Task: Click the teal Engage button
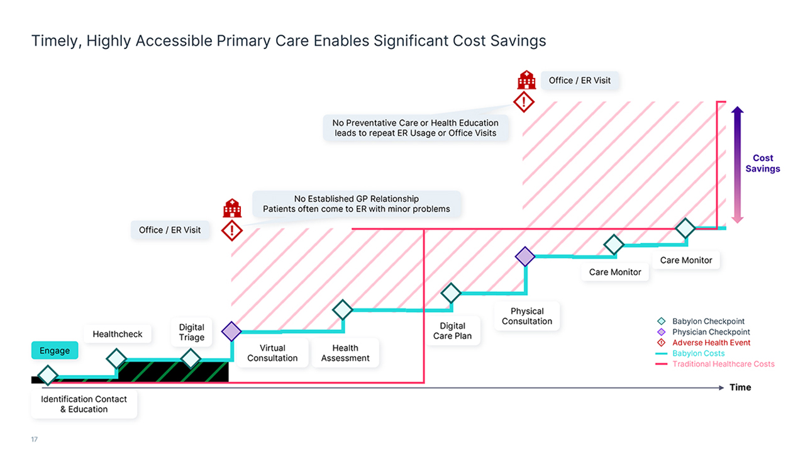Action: (x=55, y=350)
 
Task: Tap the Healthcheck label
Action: (x=118, y=334)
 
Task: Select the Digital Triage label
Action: (x=192, y=332)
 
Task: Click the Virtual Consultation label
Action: (x=272, y=353)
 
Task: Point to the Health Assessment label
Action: (x=345, y=353)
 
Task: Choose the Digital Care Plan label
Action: (x=452, y=331)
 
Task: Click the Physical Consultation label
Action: (x=527, y=316)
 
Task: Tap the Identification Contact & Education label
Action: (x=84, y=404)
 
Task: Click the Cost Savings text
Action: (x=763, y=163)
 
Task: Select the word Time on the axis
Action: (x=740, y=387)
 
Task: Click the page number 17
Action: (x=34, y=439)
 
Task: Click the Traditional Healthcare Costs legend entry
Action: (x=715, y=364)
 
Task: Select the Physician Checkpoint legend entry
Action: (x=704, y=332)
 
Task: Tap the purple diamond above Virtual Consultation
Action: (x=231, y=331)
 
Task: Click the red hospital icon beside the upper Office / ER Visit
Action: (x=526, y=79)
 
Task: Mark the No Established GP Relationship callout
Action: (x=357, y=204)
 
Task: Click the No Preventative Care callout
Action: (x=416, y=128)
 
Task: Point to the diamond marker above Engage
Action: (x=48, y=375)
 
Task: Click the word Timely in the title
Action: (x=54, y=41)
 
